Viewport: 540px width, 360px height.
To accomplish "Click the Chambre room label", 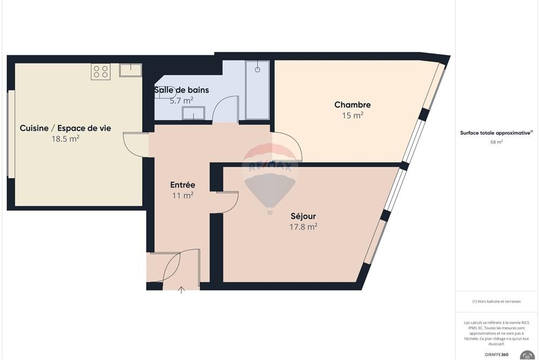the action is click(352, 105).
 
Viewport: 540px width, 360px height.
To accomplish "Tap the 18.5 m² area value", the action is click(65, 139).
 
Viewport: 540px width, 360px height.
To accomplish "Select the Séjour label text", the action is click(303, 216).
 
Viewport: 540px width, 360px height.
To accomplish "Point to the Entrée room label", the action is click(183, 185).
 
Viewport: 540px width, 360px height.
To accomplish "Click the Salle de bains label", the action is click(181, 90).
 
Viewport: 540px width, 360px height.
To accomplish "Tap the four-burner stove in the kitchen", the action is click(100, 72).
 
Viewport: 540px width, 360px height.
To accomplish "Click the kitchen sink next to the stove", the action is click(131, 70).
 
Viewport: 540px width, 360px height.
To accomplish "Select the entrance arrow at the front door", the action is click(181, 290).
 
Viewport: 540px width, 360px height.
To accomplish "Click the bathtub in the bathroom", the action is click(257, 90).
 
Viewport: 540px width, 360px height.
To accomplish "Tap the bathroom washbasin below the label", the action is click(193, 113).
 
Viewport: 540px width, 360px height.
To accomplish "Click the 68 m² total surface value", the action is click(496, 142).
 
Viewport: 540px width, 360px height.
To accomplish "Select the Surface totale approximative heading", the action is click(496, 133).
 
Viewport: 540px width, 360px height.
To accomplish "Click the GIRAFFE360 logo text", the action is click(496, 355).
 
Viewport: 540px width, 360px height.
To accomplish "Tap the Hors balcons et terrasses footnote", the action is click(496, 302).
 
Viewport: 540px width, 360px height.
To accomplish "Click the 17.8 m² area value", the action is click(303, 227).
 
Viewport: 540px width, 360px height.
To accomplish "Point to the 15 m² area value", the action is click(352, 116).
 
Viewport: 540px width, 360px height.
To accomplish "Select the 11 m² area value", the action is click(183, 195).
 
